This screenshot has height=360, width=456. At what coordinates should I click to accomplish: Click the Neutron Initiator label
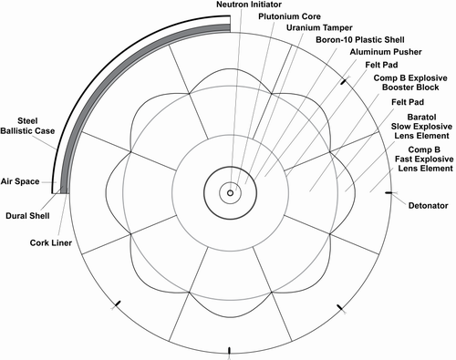(x=249, y=5)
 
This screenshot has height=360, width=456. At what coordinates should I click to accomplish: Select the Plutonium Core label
(x=289, y=16)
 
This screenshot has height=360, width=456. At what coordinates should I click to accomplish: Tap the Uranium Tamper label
(x=319, y=28)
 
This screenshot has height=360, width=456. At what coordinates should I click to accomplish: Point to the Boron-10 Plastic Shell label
(x=360, y=40)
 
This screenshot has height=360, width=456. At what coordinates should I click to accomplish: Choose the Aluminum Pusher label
(x=386, y=52)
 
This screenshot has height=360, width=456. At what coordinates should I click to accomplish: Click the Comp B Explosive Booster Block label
(x=410, y=83)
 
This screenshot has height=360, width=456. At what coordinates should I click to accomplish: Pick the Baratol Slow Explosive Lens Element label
(x=421, y=127)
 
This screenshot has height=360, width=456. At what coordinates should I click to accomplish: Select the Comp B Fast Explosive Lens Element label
(x=424, y=159)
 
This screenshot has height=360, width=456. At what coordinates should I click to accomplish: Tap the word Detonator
(x=428, y=206)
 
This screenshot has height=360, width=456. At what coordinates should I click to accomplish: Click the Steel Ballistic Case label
(x=27, y=126)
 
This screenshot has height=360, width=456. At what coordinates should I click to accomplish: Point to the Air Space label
(x=20, y=181)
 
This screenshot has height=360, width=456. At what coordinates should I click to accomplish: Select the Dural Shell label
(x=27, y=216)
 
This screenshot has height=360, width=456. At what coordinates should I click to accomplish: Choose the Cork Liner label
(x=51, y=242)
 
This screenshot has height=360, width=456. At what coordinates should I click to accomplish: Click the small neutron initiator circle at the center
(x=230, y=193)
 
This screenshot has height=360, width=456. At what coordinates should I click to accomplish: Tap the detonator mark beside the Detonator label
(x=389, y=193)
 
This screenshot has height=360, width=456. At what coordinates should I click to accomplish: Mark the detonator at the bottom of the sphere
(x=230, y=351)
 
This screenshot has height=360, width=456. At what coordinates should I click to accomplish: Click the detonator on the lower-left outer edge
(x=118, y=303)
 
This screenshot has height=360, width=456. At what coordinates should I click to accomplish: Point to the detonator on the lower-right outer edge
(x=340, y=307)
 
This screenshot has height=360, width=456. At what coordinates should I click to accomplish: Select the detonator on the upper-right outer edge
(x=343, y=81)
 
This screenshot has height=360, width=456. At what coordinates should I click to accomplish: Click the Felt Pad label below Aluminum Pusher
(x=381, y=65)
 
